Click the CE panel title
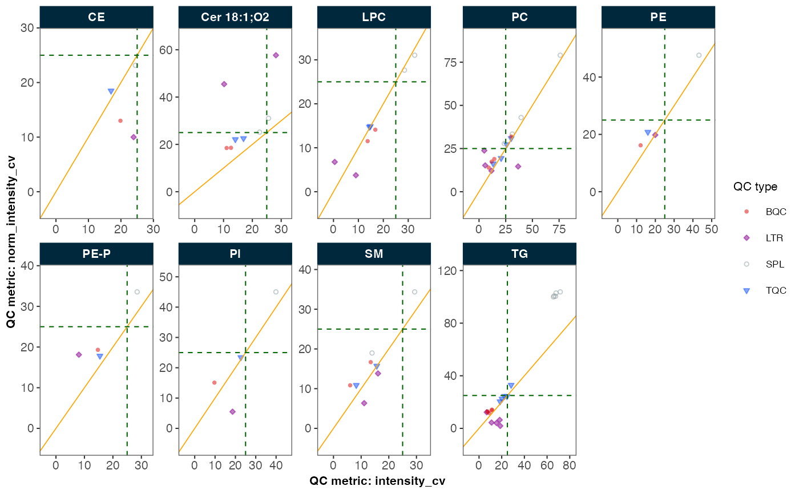(x=96, y=17)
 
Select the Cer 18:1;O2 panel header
(x=235, y=17)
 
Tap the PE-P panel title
(x=96, y=254)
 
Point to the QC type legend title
(x=755, y=187)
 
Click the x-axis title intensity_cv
(x=377, y=481)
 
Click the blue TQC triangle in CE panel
(x=111, y=91)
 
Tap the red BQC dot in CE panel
(x=120, y=121)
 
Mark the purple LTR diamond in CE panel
(x=134, y=137)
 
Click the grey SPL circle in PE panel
(x=699, y=55)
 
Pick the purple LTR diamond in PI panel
(x=232, y=411)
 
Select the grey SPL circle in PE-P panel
(x=137, y=292)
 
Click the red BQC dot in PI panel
(x=215, y=383)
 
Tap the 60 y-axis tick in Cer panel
(x=169, y=50)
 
